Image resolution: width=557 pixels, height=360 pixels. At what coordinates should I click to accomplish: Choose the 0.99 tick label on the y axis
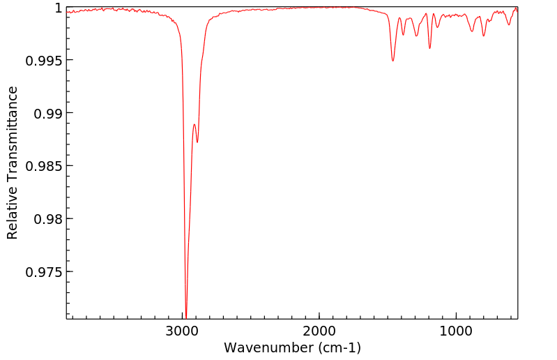(48, 113)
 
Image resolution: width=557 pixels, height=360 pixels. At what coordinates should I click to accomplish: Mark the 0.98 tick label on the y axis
(48, 218)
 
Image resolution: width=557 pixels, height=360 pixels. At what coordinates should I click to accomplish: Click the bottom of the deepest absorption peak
(186, 316)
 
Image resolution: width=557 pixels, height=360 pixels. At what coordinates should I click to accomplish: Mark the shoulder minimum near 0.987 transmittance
(197, 142)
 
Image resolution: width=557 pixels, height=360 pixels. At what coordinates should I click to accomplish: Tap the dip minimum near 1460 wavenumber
(393, 61)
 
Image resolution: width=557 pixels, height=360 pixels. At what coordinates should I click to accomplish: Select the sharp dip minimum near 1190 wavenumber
(429, 48)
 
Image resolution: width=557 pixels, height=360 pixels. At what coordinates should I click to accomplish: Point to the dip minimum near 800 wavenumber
(484, 36)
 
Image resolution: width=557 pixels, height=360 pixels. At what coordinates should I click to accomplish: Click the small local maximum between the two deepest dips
(194, 124)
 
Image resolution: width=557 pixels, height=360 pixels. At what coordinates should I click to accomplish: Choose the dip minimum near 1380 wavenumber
(404, 35)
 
